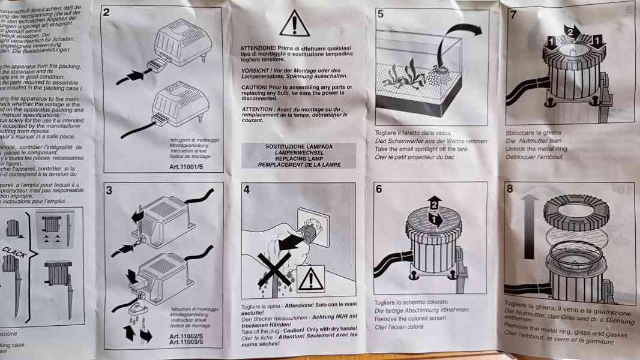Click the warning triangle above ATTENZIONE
click(294, 23)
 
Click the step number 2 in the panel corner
click(106, 12)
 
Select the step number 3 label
click(109, 191)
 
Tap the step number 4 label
click(247, 191)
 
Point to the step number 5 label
click(381, 14)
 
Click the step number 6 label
click(379, 189)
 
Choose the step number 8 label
click(510, 189)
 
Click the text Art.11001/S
click(188, 167)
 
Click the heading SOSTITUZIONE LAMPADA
click(298, 146)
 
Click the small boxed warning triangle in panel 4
click(311, 278)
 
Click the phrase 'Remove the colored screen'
click(411, 319)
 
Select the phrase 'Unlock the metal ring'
click(536, 149)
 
